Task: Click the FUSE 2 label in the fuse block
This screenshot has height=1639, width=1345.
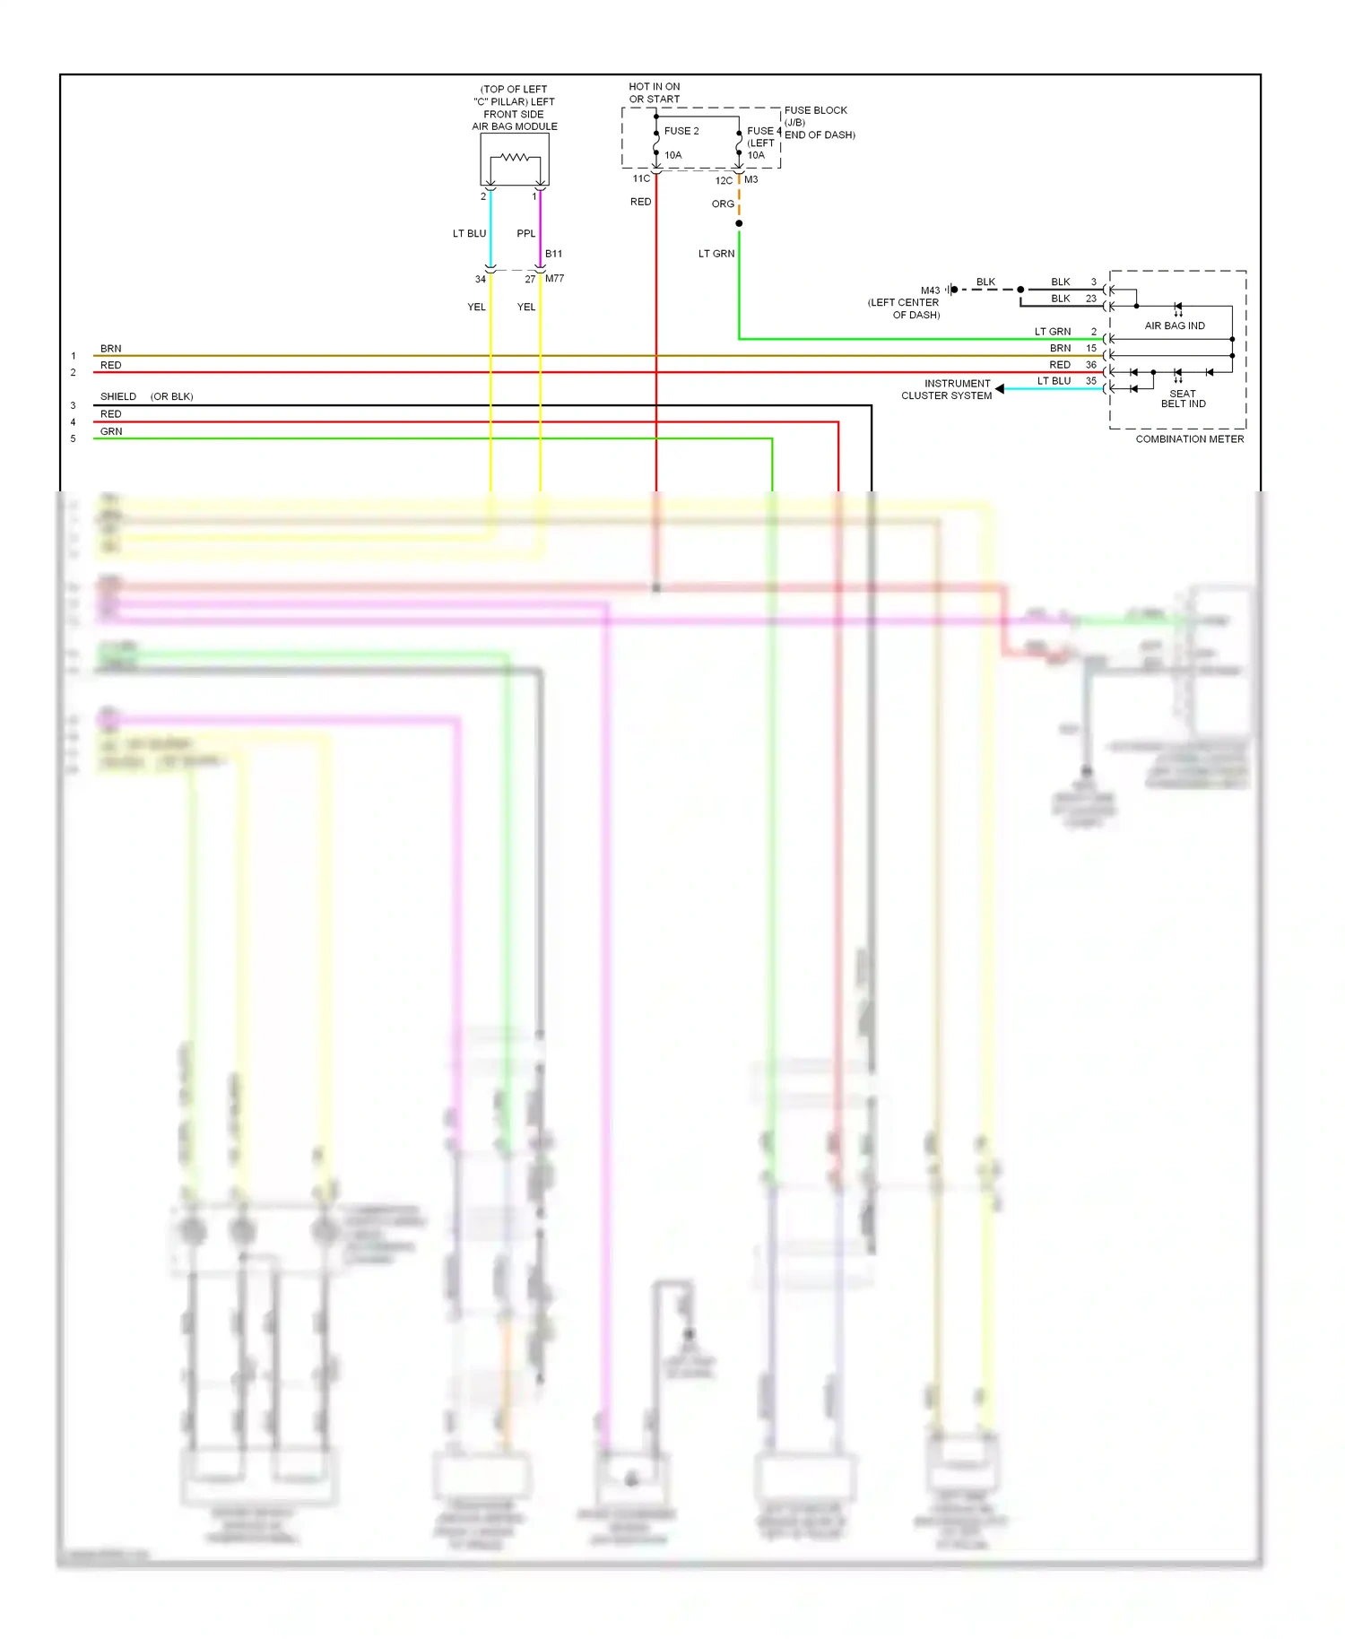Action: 681,131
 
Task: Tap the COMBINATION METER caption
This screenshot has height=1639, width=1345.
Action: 1189,439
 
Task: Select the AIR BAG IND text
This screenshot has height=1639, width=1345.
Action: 1174,326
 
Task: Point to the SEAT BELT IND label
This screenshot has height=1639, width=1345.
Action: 1183,399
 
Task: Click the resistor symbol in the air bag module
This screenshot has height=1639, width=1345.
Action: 515,158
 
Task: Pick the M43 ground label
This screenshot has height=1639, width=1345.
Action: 930,291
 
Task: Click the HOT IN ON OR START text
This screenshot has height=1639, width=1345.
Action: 654,93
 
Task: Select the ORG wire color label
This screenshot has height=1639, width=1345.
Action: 723,204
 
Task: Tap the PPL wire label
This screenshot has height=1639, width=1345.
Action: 525,234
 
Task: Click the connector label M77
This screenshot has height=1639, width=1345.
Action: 554,279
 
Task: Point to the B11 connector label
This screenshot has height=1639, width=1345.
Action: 553,255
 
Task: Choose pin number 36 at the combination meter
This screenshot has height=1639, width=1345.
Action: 1090,365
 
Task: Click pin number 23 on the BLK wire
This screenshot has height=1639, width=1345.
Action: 1090,299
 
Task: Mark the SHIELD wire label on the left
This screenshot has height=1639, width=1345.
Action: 118,397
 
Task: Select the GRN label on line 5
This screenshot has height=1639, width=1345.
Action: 111,432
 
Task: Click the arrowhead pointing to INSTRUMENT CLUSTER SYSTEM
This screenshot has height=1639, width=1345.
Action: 1000,389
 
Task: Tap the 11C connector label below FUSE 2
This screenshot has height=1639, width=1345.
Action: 641,179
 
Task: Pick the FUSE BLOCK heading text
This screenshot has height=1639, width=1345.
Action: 815,111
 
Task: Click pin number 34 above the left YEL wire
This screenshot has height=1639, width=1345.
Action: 481,280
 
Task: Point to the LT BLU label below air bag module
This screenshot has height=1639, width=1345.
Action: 469,234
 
